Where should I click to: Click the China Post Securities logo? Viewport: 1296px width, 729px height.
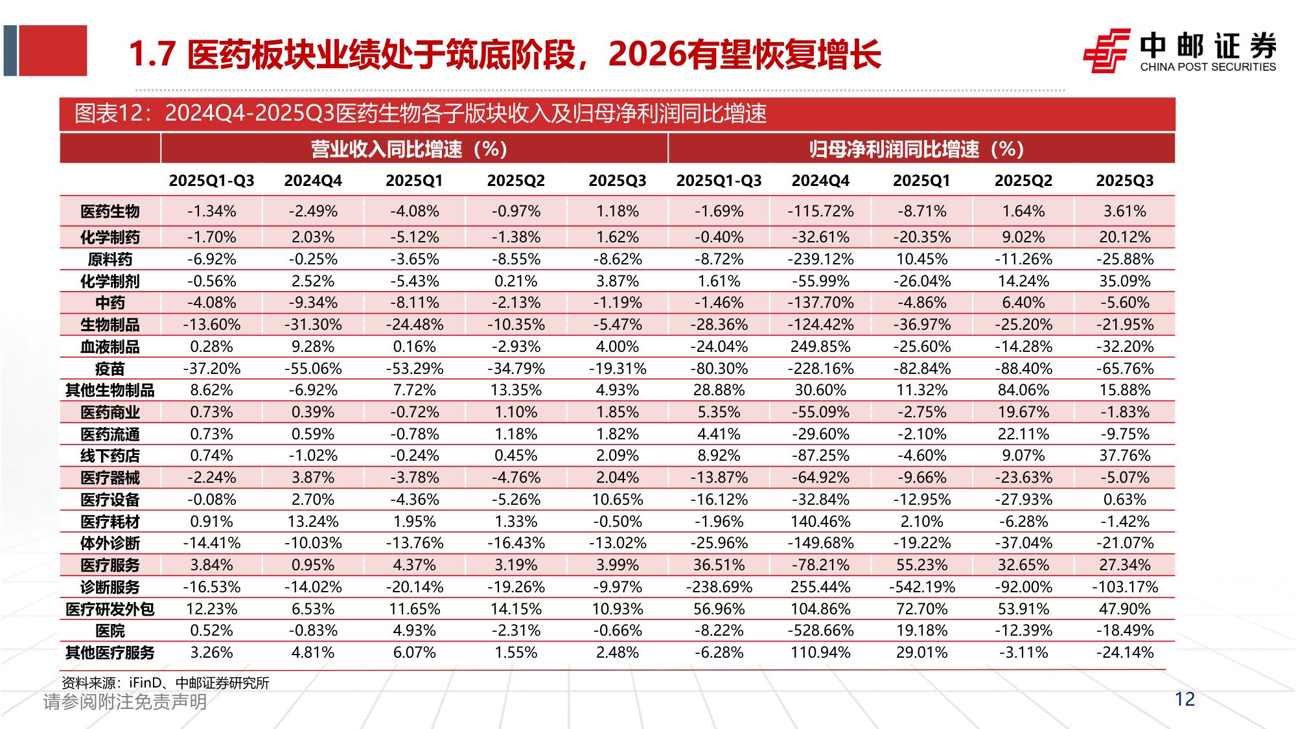1179,51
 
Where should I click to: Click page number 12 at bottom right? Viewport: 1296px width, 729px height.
1184,699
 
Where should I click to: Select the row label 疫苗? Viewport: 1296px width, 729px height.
110,369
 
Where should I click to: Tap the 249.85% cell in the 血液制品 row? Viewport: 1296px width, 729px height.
820,347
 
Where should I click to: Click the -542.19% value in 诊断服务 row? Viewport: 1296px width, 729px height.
921,587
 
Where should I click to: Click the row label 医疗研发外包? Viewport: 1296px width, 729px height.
110,609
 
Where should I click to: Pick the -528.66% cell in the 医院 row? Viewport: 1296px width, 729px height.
820,631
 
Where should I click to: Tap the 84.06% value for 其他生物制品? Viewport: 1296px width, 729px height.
1023,390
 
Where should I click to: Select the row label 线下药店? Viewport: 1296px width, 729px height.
110,456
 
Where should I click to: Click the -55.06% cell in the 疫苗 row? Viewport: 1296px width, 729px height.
312,369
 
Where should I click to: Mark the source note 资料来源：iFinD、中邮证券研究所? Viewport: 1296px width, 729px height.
165,683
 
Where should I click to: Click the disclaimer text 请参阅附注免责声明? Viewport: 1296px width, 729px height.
124,702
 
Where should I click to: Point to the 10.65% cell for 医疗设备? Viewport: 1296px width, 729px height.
617,500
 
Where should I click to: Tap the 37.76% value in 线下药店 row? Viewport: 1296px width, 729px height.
1124,456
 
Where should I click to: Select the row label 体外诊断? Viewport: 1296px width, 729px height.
110,543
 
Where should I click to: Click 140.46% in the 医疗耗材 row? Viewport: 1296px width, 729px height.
820,522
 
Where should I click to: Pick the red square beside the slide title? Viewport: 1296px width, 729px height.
52,51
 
